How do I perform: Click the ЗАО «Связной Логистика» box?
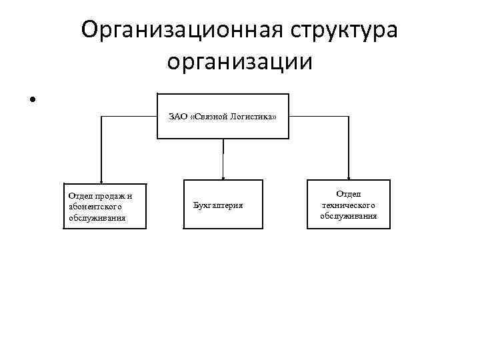(223, 116)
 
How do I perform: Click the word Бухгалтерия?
(218, 205)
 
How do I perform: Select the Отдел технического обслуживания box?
(348, 205)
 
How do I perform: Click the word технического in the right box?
(348, 205)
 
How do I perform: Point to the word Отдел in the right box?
(348, 193)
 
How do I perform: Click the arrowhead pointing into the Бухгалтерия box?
(223, 177)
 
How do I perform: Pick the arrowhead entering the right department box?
(347, 177)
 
